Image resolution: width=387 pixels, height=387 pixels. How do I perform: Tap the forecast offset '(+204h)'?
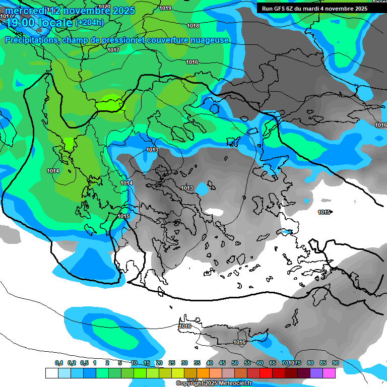[89, 22]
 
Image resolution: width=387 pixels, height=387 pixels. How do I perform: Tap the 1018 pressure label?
[192, 26]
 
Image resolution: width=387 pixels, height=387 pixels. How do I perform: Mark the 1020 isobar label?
[104, 7]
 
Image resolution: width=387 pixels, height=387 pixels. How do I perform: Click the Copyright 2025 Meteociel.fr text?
[214, 383]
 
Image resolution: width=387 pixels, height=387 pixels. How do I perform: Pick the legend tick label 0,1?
[59, 363]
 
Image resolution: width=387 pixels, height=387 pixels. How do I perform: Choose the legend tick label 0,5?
[84, 363]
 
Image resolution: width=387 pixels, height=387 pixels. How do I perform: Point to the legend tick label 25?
[172, 363]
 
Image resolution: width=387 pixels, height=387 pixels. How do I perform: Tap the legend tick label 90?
[336, 363]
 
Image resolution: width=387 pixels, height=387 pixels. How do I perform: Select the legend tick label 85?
[323, 363]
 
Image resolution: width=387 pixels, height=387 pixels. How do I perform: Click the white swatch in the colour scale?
[51, 373]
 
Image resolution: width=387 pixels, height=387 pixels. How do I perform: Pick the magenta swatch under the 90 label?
[329, 373]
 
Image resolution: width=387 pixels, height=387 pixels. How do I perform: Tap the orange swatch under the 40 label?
[203, 373]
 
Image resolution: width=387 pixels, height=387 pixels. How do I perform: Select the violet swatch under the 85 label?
[316, 373]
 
